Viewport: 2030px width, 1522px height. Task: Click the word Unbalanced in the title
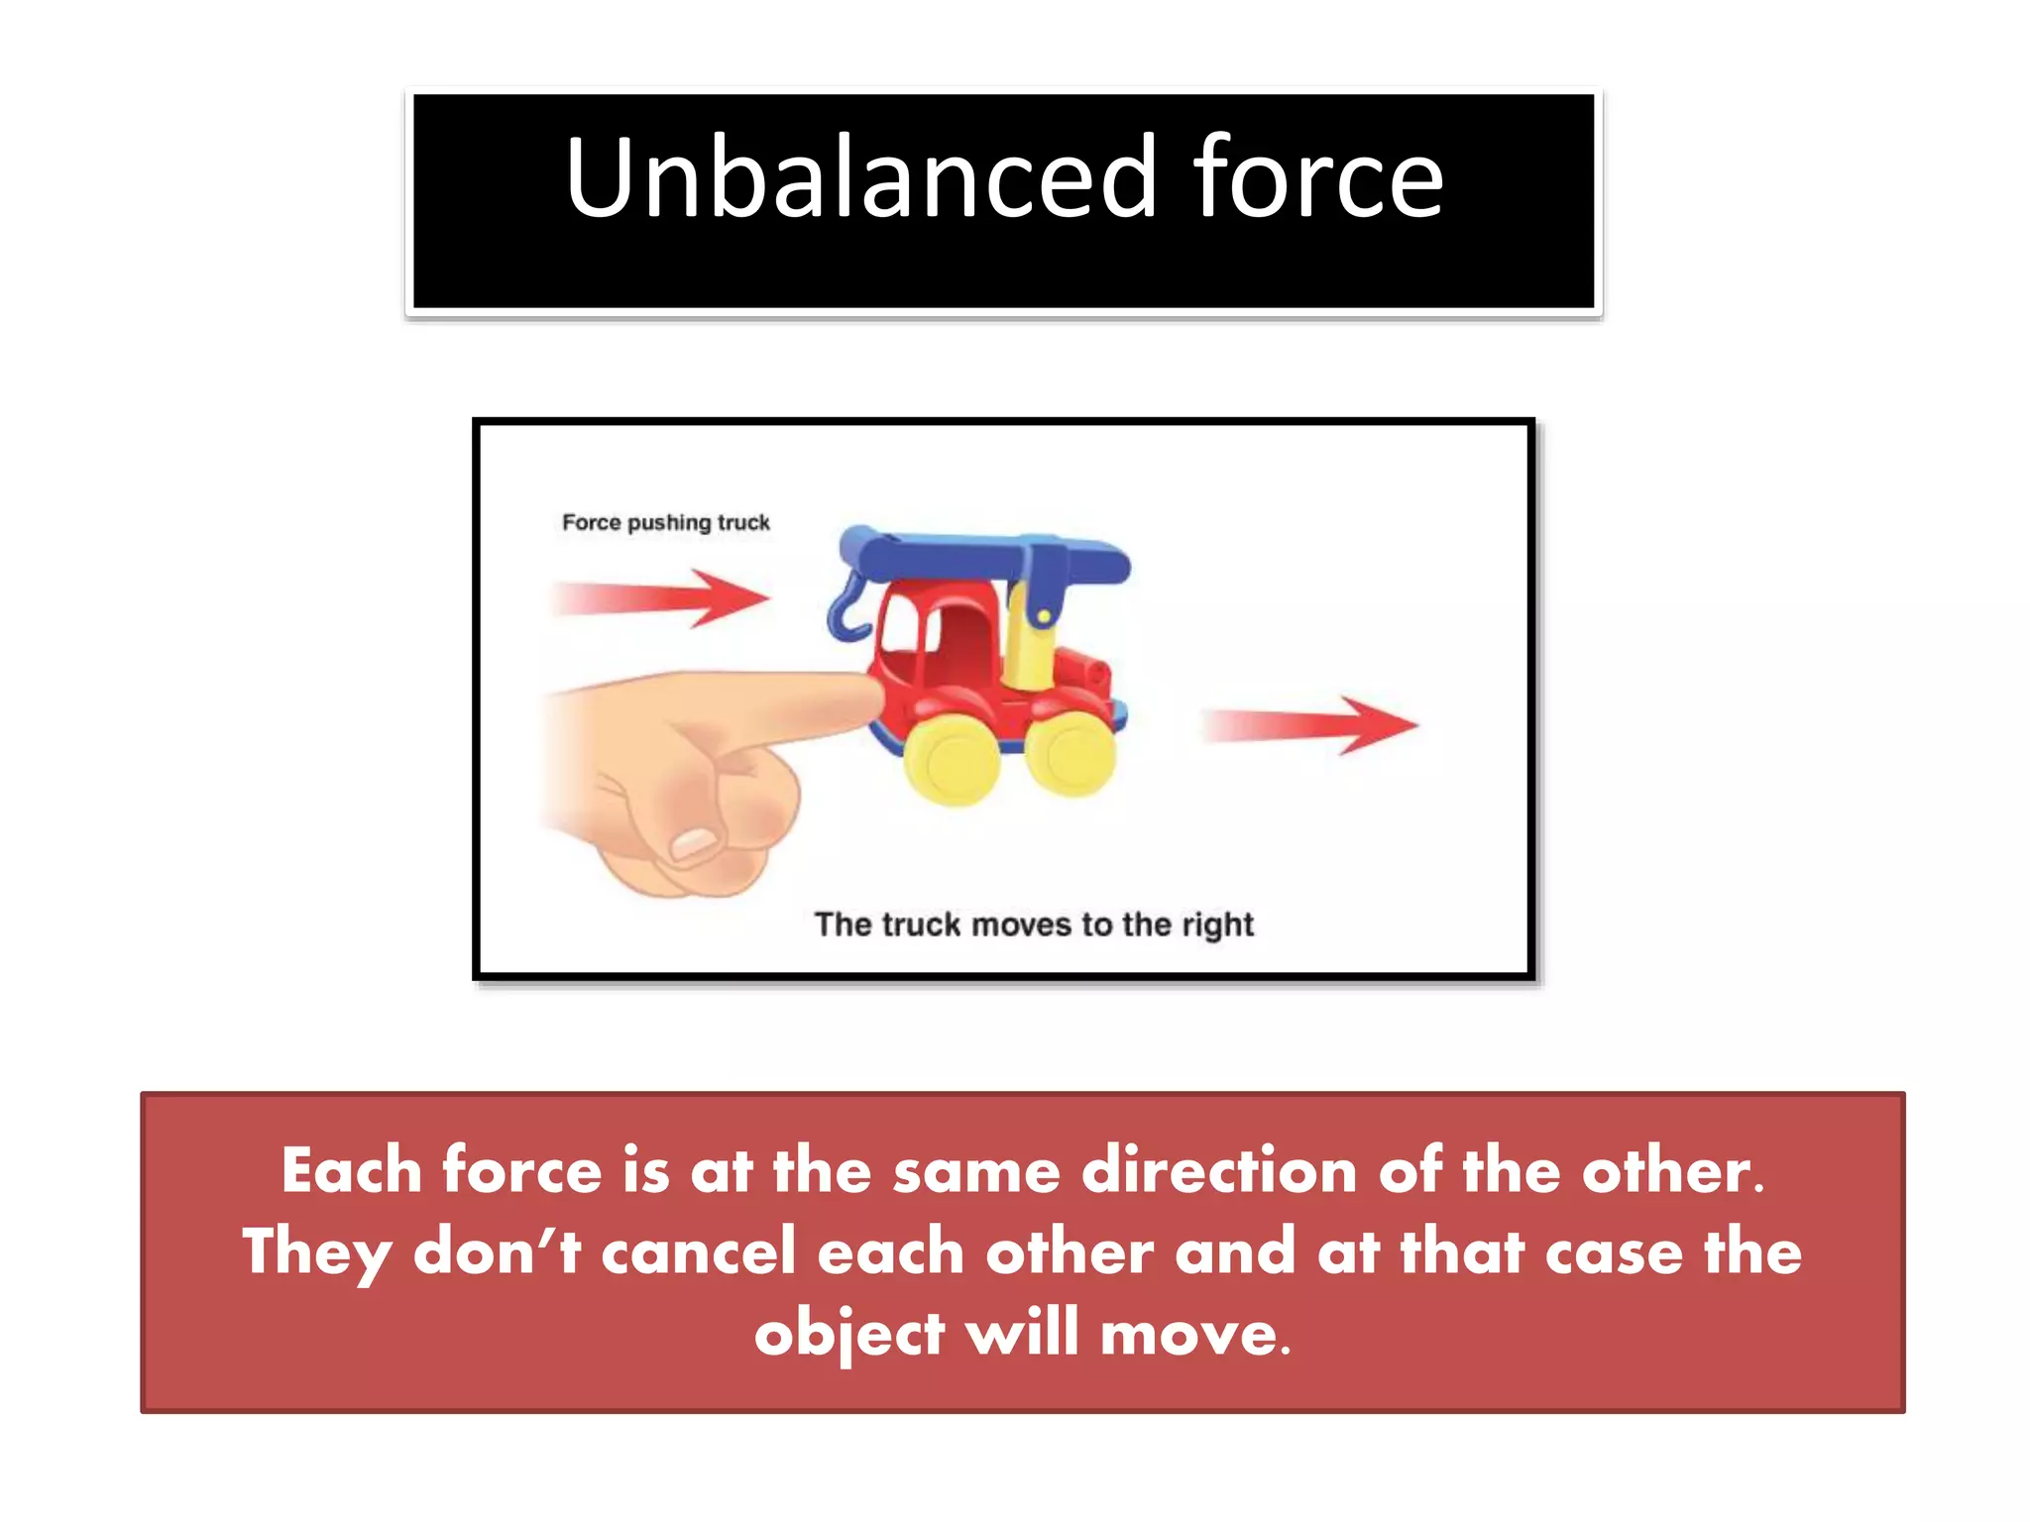click(x=860, y=178)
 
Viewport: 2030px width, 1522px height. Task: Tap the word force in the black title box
click(x=1317, y=178)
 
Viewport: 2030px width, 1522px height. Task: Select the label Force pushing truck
click(x=665, y=522)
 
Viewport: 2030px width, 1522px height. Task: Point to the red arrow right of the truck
click(x=1310, y=724)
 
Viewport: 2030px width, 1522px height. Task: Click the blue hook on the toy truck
click(x=847, y=609)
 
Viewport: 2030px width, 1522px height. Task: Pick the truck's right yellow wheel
click(x=1071, y=752)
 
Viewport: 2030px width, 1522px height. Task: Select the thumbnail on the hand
click(x=696, y=843)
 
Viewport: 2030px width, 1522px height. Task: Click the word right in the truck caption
click(x=1217, y=924)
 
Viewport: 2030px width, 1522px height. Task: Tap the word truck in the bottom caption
click(x=921, y=924)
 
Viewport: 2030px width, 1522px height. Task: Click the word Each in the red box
click(x=352, y=1170)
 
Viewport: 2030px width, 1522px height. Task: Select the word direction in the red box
click(x=1218, y=1170)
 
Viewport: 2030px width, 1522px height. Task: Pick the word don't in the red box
click(x=497, y=1250)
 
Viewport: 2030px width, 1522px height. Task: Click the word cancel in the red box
click(x=699, y=1250)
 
